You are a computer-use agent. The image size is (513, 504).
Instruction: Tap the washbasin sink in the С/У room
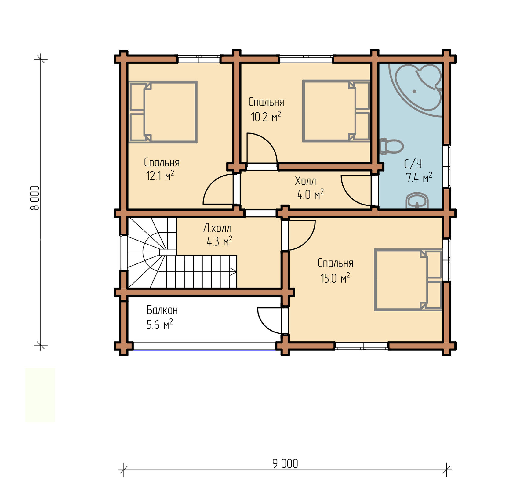(x=417, y=201)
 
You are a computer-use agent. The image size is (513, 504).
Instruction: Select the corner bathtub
(x=415, y=90)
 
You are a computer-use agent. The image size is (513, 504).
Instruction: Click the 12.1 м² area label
(x=160, y=176)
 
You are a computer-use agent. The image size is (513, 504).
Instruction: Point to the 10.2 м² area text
(x=266, y=117)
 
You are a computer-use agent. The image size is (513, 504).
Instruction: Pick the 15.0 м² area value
(x=335, y=278)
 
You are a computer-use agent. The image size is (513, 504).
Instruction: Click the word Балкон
(x=162, y=310)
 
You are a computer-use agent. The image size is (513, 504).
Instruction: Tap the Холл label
(x=305, y=181)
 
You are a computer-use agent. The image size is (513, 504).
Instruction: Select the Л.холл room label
(x=217, y=228)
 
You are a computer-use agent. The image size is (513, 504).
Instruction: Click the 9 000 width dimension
(x=285, y=464)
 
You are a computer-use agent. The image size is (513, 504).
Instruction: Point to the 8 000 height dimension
(x=35, y=198)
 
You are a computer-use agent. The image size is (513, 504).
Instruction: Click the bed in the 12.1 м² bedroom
(x=163, y=112)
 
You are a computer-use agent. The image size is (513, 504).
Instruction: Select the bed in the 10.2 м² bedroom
(x=336, y=111)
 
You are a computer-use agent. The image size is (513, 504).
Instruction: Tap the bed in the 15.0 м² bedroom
(x=408, y=280)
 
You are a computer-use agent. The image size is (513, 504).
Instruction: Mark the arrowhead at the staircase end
(x=234, y=271)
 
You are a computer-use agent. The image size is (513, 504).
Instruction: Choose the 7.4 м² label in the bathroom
(x=419, y=177)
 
